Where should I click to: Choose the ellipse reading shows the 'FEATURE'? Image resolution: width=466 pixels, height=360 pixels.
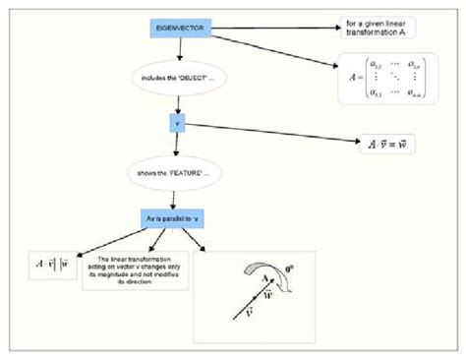(175, 173)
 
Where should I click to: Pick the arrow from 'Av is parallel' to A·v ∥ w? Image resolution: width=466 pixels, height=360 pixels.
(98, 240)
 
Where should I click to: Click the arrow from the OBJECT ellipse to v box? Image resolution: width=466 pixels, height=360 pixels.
(177, 104)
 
